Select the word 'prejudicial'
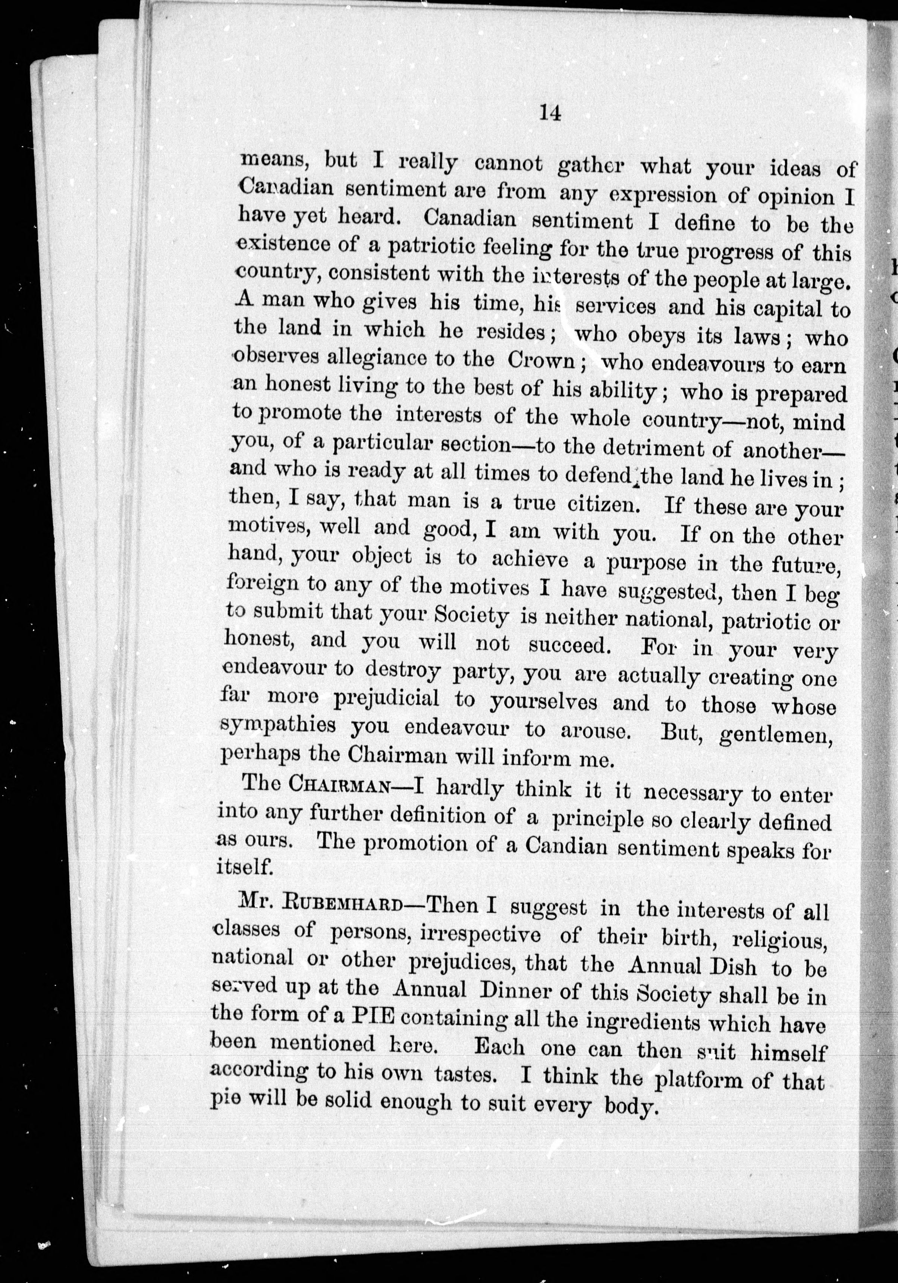386,699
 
